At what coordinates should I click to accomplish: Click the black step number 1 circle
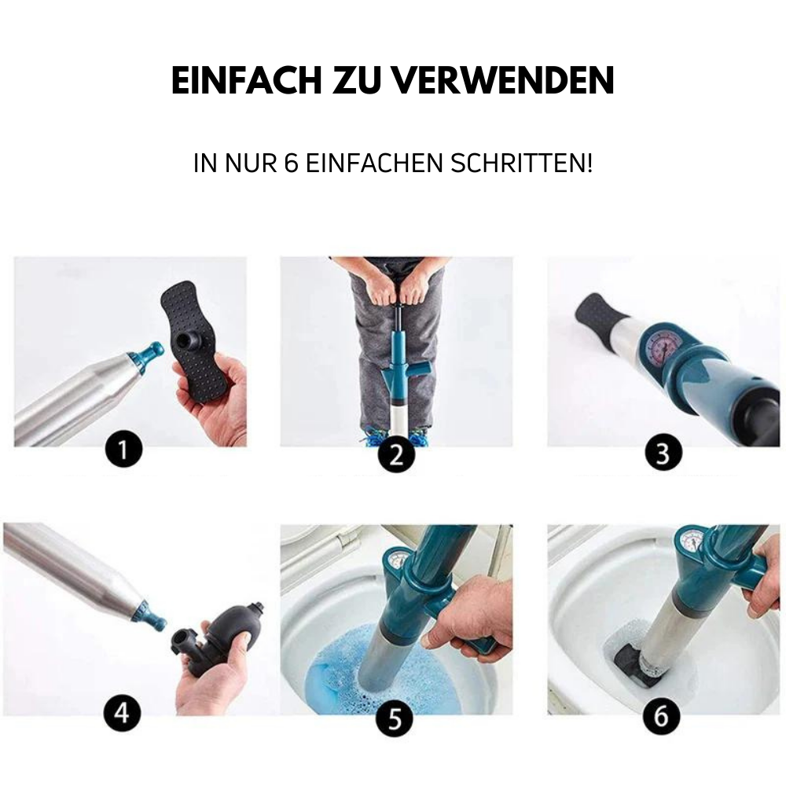123,452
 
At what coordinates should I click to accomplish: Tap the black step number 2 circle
395,455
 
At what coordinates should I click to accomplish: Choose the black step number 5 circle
395,718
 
